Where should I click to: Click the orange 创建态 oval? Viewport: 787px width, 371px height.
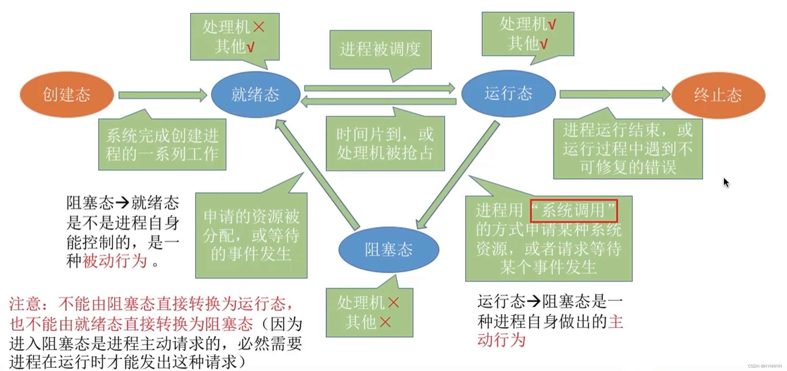click(67, 94)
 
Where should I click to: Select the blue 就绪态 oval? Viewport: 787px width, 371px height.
click(255, 94)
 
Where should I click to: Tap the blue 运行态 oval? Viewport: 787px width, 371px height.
click(508, 93)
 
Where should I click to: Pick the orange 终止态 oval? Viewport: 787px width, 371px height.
click(718, 95)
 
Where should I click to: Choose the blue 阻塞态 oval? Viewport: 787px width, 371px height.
click(389, 249)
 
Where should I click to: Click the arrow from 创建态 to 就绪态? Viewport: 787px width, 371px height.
click(162, 95)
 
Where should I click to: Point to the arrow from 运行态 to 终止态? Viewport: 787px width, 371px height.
click(614, 94)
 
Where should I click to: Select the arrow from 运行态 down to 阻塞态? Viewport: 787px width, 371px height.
click(458, 174)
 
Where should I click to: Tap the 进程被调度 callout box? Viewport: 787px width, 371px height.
click(380, 49)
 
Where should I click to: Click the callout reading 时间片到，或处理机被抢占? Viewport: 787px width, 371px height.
click(385, 144)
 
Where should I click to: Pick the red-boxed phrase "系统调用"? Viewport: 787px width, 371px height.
click(574, 211)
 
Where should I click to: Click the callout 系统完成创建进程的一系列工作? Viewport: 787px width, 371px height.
click(162, 144)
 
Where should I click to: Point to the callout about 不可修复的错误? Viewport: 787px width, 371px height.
click(628, 149)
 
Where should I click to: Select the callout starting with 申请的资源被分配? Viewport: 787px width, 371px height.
click(251, 235)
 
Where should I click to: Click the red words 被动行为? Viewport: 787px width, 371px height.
click(115, 261)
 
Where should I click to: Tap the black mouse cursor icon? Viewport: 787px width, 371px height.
click(726, 182)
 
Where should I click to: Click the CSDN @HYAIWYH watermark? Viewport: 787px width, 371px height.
click(765, 366)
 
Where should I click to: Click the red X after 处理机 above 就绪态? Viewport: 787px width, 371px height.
click(259, 27)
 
